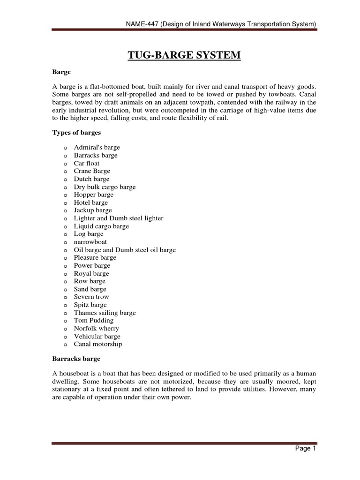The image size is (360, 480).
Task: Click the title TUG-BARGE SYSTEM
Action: (x=184, y=56)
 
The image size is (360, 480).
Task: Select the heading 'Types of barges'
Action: (x=76, y=133)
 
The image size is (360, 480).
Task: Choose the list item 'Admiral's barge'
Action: (x=97, y=147)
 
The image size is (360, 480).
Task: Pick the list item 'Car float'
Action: (x=87, y=163)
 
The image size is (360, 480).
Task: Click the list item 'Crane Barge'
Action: (x=91, y=171)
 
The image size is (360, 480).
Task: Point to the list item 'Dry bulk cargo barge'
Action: (x=105, y=187)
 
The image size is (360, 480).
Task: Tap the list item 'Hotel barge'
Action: (x=90, y=202)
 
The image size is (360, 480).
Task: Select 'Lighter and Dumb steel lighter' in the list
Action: (x=119, y=218)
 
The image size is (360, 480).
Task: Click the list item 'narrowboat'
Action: (x=90, y=242)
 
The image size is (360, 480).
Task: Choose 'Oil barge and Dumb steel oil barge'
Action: (x=125, y=250)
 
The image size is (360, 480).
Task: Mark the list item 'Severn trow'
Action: (x=91, y=297)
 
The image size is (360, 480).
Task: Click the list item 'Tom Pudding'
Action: (x=93, y=321)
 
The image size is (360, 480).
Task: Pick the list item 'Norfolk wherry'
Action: (x=96, y=329)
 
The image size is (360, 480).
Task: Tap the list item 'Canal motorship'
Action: (x=97, y=344)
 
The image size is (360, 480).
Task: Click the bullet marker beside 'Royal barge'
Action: (x=63, y=274)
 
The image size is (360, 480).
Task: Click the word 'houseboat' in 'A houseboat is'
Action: (x=73, y=374)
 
